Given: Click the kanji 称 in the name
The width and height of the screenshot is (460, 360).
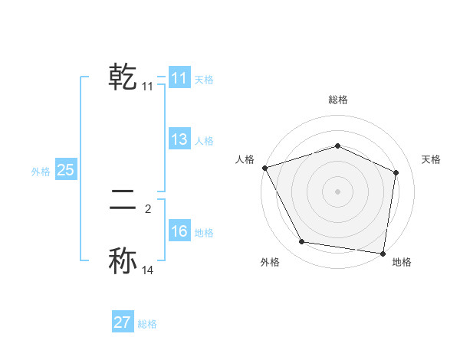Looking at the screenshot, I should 123,260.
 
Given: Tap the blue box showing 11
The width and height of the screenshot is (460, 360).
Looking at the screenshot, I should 179,78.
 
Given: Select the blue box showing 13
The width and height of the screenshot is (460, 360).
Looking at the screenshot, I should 179,139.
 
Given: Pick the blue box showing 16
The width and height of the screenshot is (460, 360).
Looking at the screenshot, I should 179,231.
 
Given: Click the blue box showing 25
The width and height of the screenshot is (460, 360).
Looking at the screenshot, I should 65,170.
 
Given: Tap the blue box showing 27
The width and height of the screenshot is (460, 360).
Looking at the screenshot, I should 122,322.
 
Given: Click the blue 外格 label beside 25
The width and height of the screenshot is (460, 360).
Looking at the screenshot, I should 41,172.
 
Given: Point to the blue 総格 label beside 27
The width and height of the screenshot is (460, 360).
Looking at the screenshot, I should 147,324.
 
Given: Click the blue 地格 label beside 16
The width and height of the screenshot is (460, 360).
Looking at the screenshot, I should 204,233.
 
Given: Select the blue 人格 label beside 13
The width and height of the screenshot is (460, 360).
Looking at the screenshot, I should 204,141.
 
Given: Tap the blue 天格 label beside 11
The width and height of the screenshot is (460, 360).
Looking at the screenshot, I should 204,80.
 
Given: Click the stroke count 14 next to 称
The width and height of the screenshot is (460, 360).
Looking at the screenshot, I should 148,270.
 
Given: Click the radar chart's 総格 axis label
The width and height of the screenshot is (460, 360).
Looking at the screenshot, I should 337,100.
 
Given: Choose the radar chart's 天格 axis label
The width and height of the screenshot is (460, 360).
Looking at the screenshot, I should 431,159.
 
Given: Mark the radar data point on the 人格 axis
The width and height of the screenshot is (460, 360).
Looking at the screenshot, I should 264,168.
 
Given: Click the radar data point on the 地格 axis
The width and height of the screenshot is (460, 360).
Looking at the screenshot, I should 383,253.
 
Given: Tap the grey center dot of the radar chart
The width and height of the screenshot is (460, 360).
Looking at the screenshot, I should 337,191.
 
